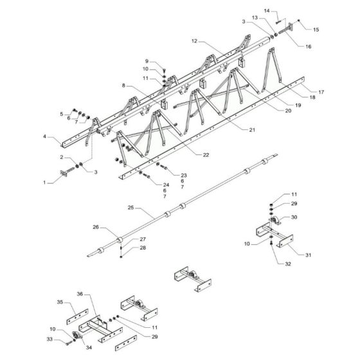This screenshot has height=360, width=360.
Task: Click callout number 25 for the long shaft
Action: point(131,209)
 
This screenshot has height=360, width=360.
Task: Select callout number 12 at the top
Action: point(194,41)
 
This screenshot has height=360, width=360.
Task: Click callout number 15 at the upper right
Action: point(316,30)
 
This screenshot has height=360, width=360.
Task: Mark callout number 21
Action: point(251,129)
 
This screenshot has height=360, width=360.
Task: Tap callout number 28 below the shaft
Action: point(143,248)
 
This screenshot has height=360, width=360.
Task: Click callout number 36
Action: point(80,294)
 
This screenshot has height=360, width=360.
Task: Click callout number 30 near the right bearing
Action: point(295,217)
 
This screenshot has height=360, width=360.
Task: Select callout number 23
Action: point(184,175)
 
